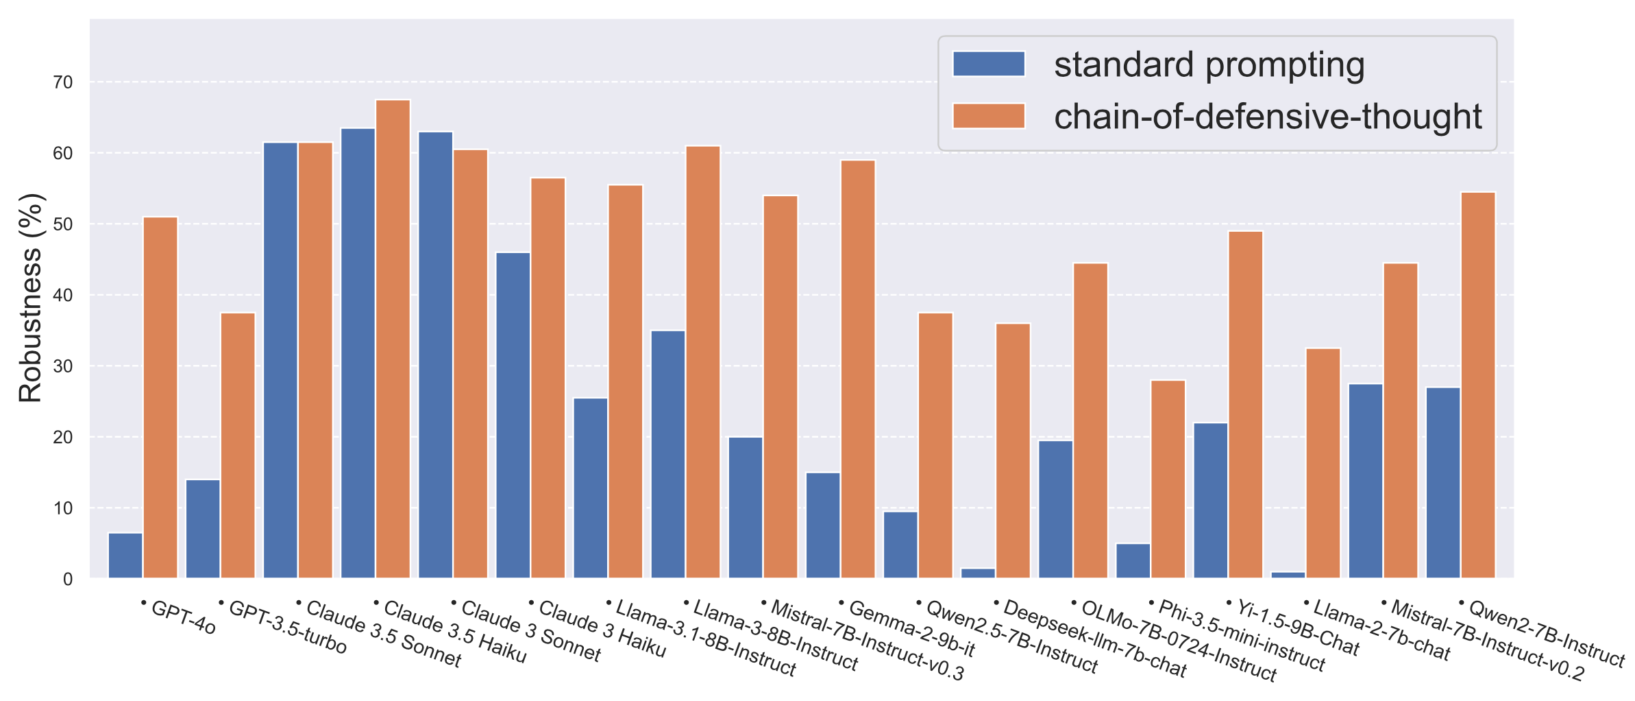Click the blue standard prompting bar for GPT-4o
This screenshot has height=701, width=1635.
click(125, 556)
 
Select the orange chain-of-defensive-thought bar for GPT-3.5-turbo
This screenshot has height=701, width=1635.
click(238, 446)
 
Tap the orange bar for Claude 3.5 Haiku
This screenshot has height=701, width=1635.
click(393, 340)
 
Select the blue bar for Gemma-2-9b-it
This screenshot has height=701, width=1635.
click(823, 525)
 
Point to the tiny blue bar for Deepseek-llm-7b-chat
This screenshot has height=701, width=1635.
click(978, 573)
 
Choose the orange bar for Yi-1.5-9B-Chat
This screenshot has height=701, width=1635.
click(1246, 405)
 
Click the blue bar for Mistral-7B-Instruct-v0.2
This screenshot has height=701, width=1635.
click(1366, 481)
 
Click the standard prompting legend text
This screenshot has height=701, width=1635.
click(1209, 65)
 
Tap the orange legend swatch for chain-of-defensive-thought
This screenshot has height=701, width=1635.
click(988, 116)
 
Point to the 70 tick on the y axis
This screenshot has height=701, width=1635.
click(63, 82)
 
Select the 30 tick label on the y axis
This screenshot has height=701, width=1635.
click(63, 366)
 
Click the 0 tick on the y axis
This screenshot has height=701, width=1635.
click(67, 580)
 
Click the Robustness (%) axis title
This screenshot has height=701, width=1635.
click(31, 298)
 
